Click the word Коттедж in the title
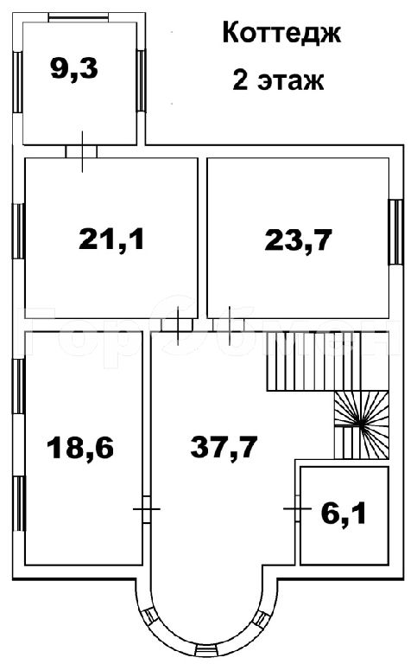point(281,34)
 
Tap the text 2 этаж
point(278,80)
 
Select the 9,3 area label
point(74,68)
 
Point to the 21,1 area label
point(111,239)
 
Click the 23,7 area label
point(299,240)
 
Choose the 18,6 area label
point(80,448)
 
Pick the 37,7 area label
point(224,447)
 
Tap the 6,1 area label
point(344,514)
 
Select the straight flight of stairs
point(313,361)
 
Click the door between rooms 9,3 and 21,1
point(82,151)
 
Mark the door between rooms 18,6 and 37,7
point(146,508)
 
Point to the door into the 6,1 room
point(298,508)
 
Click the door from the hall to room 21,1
point(177,325)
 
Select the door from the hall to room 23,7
point(229,325)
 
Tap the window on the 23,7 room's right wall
point(396,232)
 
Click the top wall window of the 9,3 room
point(79,17)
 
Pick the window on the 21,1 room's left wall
point(18,231)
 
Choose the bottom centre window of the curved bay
point(208,651)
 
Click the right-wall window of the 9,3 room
point(142,81)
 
